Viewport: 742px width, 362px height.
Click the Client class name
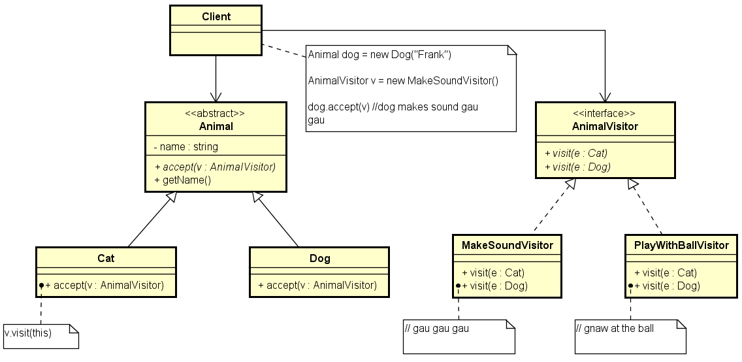click(216, 16)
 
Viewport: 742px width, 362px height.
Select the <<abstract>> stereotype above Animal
click(215, 113)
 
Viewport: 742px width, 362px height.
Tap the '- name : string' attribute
click(186, 146)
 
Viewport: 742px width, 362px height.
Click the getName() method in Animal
click(183, 179)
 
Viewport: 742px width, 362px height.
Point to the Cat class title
click(106, 258)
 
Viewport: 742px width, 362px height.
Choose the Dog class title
click(319, 258)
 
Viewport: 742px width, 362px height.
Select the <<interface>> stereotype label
click(604, 113)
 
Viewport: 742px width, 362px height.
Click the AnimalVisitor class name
click(604, 126)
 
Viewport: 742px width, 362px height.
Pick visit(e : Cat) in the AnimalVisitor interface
click(575, 154)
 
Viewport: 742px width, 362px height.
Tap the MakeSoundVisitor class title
click(507, 245)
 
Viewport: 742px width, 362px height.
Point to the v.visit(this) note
click(29, 333)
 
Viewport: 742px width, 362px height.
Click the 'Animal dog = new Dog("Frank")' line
click(379, 55)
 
